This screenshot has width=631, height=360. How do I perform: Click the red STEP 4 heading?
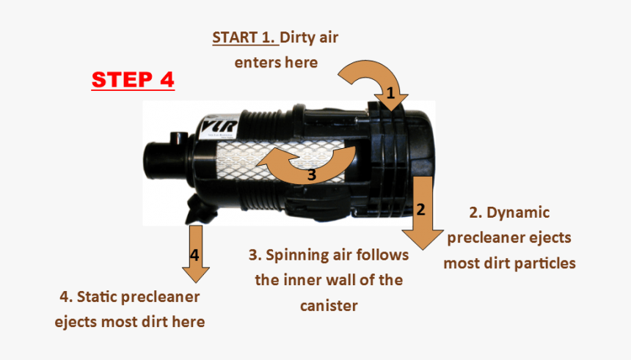click(133, 79)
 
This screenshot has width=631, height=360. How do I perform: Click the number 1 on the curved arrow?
click(390, 93)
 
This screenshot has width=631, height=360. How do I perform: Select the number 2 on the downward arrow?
click(420, 209)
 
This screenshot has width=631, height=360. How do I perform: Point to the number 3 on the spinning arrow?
click(312, 175)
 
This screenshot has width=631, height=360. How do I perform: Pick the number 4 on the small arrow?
click(194, 255)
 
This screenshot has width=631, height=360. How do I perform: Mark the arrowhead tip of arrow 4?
click(195, 282)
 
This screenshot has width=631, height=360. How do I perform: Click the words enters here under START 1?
click(276, 62)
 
